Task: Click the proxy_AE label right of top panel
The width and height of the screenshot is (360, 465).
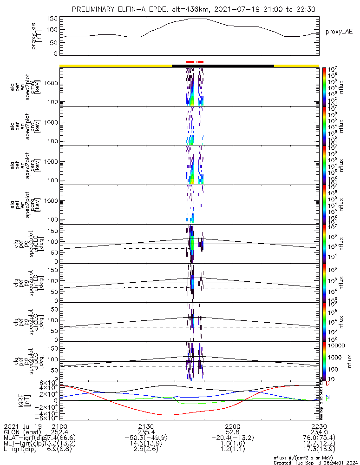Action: click(x=340, y=32)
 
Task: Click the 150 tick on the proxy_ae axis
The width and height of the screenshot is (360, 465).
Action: click(x=52, y=19)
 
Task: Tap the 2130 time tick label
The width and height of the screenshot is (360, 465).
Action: click(x=146, y=426)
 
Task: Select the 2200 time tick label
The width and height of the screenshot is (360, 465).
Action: click(x=232, y=426)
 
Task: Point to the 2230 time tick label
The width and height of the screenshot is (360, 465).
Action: click(x=319, y=426)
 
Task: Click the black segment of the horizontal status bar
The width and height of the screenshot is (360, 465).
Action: click(x=223, y=66)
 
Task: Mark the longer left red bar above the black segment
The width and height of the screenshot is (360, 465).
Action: click(x=190, y=62)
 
